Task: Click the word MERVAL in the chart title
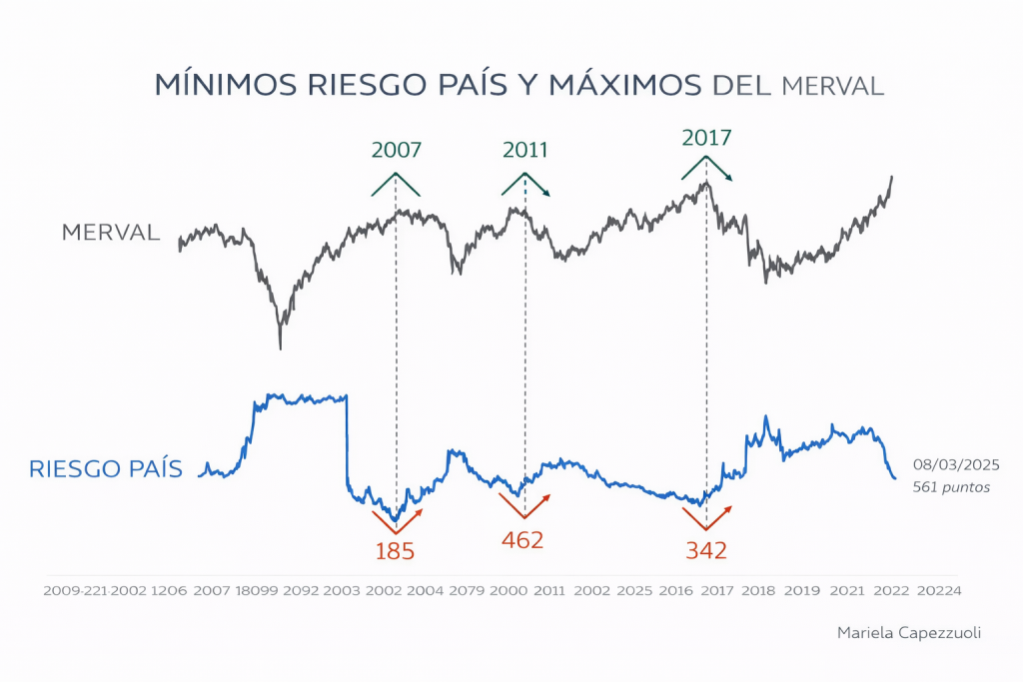833,86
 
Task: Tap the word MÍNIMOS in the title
213,85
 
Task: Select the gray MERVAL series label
111,233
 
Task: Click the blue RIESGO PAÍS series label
106,468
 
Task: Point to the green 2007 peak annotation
397,151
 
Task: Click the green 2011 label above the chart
525,150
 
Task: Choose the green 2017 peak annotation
706,138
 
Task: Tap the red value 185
395,550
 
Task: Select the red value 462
522,540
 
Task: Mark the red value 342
705,550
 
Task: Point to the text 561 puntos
951,488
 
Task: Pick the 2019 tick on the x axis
802,591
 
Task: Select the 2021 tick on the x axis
847,591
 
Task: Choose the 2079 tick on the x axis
466,591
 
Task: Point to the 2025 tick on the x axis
634,591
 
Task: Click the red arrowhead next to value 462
547,496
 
